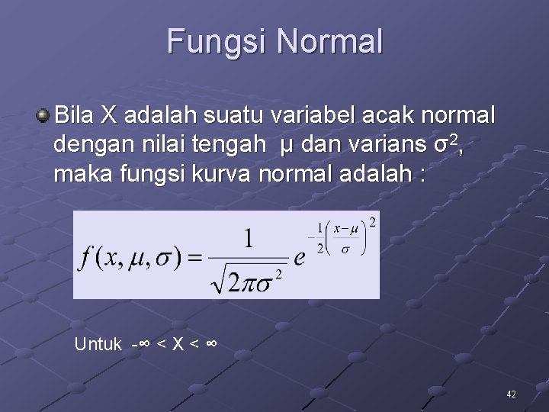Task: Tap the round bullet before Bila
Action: [x=44, y=116]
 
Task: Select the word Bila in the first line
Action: [x=76, y=116]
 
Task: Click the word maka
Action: [x=78, y=173]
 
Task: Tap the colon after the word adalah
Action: [x=422, y=174]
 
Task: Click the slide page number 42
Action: [x=511, y=394]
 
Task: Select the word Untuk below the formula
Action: [x=98, y=345]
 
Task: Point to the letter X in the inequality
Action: [x=177, y=345]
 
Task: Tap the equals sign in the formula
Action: [x=196, y=258]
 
